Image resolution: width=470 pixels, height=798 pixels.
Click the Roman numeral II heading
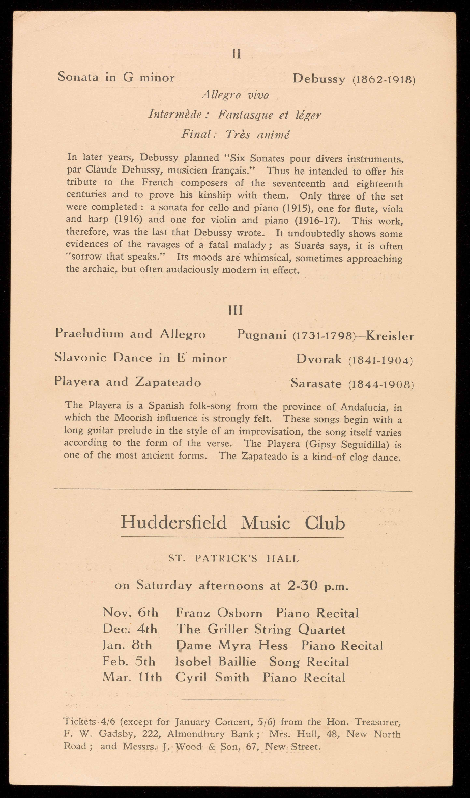236,54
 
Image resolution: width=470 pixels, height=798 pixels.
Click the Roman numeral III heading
236,310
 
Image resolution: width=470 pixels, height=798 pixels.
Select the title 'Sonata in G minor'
116,77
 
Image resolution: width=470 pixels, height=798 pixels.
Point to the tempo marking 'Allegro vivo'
235,95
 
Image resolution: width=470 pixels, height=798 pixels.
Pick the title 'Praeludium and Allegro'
130,334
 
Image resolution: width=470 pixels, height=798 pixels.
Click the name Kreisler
390,336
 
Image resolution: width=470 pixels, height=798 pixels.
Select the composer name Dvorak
319,359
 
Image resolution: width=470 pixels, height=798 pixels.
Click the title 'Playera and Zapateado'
128,382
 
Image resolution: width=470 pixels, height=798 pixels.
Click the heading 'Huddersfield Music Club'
233,523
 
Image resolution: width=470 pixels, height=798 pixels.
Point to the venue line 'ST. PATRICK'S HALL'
233,558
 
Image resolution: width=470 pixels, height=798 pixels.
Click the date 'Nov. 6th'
131,613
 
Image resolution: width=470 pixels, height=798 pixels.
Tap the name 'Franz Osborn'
219,613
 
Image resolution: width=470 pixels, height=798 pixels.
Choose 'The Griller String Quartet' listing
261,630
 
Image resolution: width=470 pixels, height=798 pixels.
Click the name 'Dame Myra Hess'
232,646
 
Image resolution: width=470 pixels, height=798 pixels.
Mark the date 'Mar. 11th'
132,678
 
